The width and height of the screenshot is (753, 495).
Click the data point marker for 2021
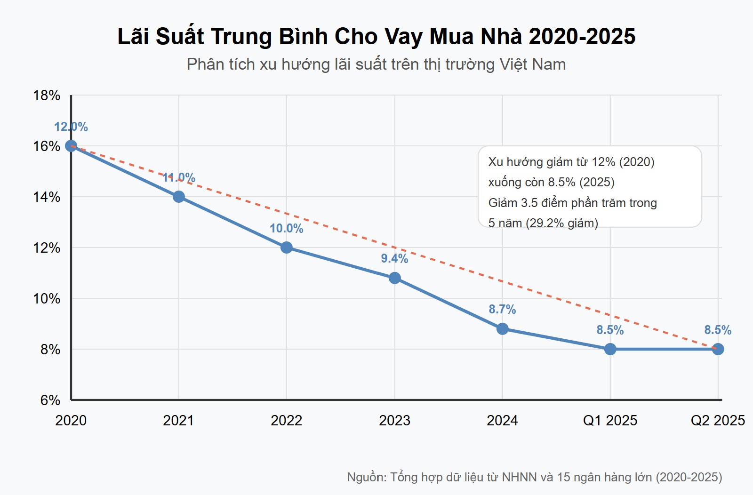pyautogui.click(x=178, y=197)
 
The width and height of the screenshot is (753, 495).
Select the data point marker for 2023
pyautogui.click(x=395, y=278)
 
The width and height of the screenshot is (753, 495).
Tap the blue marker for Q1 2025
pyautogui.click(x=610, y=349)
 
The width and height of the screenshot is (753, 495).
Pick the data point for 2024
pyautogui.click(x=502, y=329)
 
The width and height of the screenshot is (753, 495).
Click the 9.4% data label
pyautogui.click(x=394, y=258)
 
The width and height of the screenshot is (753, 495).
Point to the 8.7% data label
pyautogui.click(x=502, y=309)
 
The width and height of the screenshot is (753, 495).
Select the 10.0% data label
pyautogui.click(x=286, y=228)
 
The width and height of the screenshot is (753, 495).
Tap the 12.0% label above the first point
pyautogui.click(x=71, y=127)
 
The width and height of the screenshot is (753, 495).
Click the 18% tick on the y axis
pyautogui.click(x=47, y=96)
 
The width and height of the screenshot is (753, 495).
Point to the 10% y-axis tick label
pyautogui.click(x=47, y=299)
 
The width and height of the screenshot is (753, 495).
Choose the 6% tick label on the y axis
pyautogui.click(x=50, y=400)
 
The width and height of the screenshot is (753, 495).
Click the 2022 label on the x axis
pyautogui.click(x=286, y=420)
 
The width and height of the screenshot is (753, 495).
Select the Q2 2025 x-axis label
pyautogui.click(x=718, y=420)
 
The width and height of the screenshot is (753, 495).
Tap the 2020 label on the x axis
pyautogui.click(x=71, y=420)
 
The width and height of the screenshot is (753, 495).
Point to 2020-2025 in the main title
pyautogui.click(x=582, y=37)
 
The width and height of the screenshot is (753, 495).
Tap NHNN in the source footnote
pyautogui.click(x=519, y=477)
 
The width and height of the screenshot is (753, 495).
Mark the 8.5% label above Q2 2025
pyautogui.click(x=718, y=330)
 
